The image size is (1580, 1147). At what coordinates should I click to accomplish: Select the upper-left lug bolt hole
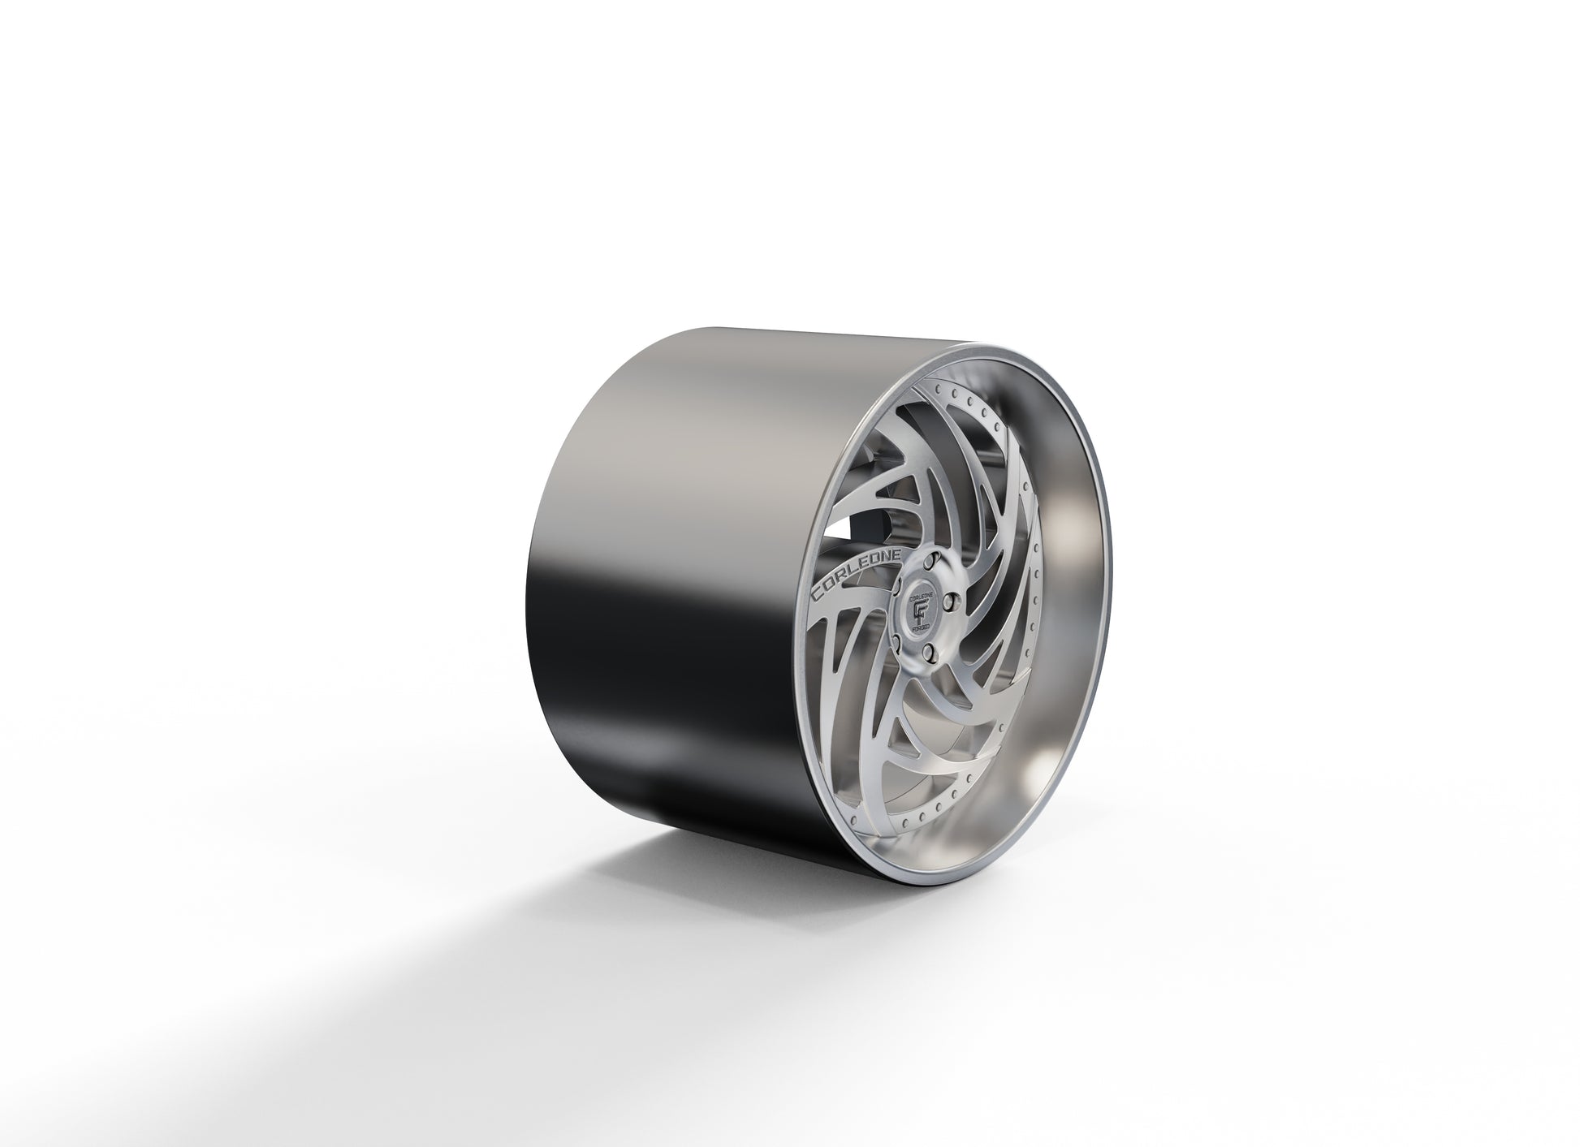point(897,586)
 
